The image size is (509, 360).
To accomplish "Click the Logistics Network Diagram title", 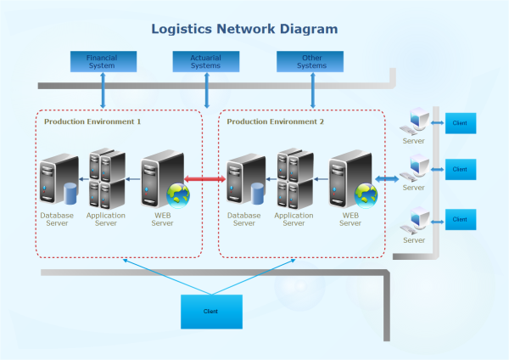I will coord(244,29).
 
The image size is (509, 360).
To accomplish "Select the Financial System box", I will coord(102,61).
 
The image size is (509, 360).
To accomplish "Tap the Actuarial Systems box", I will coord(206,61).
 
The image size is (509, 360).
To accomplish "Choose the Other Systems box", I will coord(311,61).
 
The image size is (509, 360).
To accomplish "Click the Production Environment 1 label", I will coord(92,122).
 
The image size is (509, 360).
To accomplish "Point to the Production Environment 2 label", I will coord(276,122).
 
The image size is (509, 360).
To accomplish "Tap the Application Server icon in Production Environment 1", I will coord(106,179).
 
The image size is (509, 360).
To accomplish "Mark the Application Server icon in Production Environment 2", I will coord(294,179).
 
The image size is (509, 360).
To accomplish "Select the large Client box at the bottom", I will coord(211,312).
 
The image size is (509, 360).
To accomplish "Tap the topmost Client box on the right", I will coord(460,123).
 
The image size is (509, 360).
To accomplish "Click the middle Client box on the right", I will coord(460,169).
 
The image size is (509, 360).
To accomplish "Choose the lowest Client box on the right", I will coord(460,219).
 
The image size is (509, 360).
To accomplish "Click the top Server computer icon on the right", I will coord(415,122).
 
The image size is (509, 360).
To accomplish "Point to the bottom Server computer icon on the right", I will coord(415,220).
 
